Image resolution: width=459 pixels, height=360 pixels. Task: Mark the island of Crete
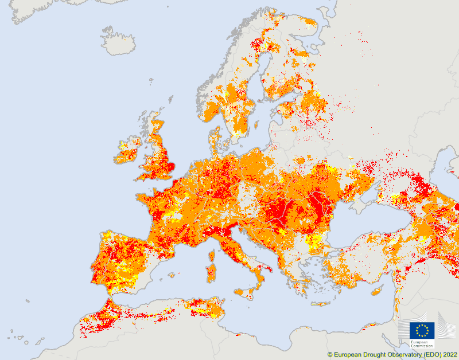point(322,303)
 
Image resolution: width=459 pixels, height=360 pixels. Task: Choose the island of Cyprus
point(377,291)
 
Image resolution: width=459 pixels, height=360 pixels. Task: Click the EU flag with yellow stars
point(422,330)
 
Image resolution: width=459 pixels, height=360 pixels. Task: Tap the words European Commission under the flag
point(422,344)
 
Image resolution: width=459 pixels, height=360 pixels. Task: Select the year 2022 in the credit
point(449,355)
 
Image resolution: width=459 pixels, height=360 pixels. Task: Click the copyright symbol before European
point(330,355)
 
